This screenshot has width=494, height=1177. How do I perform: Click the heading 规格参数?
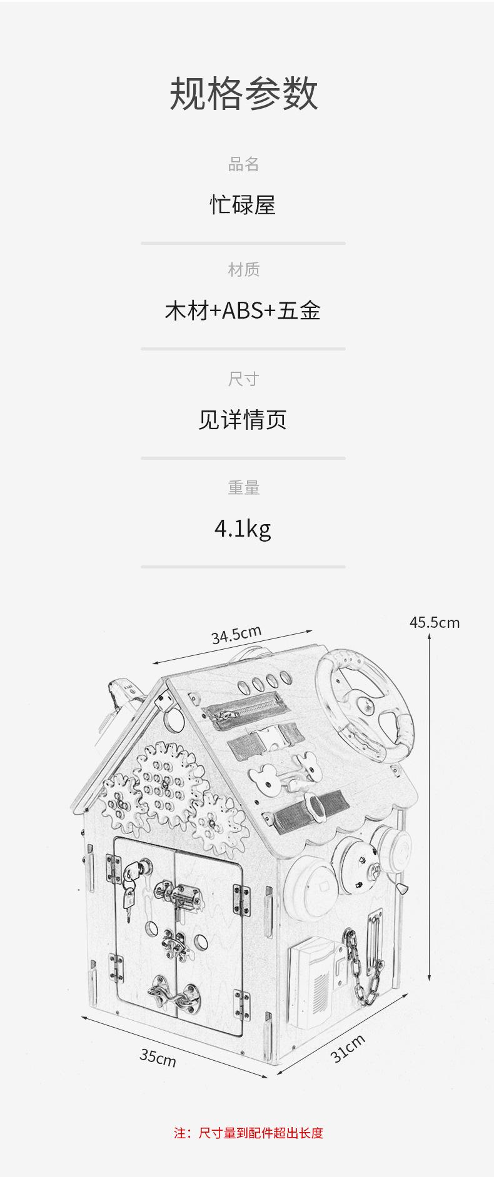(243, 94)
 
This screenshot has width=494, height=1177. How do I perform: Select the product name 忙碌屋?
(243, 205)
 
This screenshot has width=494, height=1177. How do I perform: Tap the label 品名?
(243, 164)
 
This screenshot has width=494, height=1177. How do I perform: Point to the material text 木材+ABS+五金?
(243, 310)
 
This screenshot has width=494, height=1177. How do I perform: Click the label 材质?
(243, 270)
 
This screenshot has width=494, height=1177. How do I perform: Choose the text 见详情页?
(243, 420)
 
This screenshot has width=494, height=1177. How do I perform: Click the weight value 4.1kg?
(243, 529)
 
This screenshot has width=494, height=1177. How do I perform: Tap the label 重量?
(243, 488)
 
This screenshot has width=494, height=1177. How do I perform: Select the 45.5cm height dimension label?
(434, 622)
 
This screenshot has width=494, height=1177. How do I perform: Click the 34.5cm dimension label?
(236, 635)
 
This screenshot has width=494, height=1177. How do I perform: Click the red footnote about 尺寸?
(248, 1133)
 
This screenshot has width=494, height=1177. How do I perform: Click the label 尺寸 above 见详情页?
(243, 379)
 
